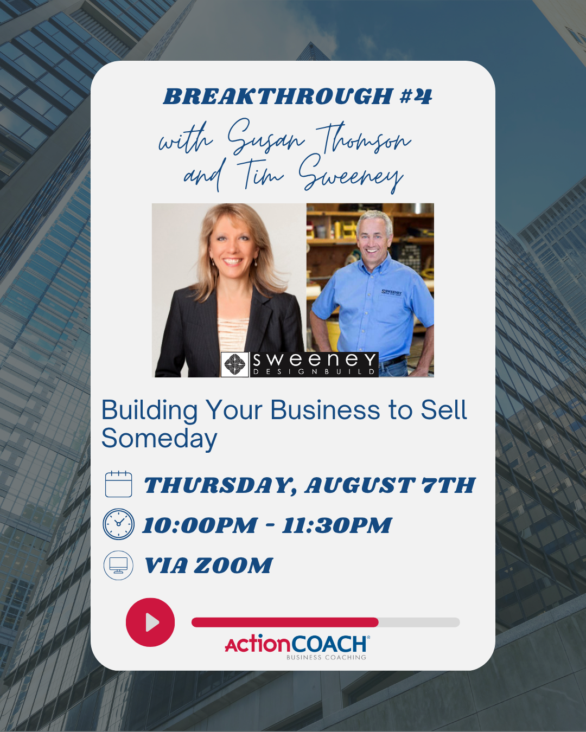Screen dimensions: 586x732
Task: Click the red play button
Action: coord(150,622)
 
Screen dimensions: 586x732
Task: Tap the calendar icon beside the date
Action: coord(118,484)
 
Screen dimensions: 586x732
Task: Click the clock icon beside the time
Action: coord(118,524)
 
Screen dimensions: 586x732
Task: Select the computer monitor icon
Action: coord(118,565)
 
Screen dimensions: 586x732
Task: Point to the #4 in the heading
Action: coord(416,96)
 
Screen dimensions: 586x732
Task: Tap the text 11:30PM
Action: coord(337,525)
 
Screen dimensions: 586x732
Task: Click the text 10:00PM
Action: coord(200,525)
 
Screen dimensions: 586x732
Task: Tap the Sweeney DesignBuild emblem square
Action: coord(235,364)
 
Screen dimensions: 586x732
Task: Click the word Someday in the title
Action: coord(160,439)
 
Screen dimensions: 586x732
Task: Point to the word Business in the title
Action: coord(325,410)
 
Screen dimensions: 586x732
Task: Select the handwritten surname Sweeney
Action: coord(351,174)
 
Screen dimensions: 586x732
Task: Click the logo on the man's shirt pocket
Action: coord(392,292)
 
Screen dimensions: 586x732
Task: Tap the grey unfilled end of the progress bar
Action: coord(419,622)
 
